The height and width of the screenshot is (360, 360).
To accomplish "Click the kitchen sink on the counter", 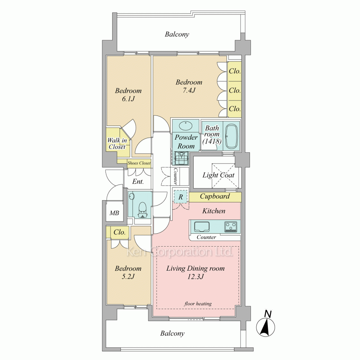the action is pos(202,227).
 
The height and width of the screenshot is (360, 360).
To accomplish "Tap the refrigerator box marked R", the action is pos(181,197).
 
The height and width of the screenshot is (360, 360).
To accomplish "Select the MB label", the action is pos(114,213).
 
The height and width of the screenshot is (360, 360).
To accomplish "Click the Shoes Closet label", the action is pos(139,163).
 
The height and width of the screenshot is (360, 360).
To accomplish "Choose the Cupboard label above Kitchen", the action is pos(215,196).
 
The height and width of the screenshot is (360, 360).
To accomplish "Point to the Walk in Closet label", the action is pos(117,144).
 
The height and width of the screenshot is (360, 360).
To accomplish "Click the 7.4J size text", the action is pos(189,90).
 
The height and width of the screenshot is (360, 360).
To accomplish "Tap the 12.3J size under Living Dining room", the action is pos(195,276).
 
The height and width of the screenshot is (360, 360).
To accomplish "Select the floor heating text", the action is pos(198,303).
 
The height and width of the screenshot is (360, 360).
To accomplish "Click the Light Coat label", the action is pos(219,175).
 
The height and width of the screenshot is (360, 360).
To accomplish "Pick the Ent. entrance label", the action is pos(138,181).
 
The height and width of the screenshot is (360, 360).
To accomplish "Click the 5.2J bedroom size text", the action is pos(128,276).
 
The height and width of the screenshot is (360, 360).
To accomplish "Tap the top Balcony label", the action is pos(177,35).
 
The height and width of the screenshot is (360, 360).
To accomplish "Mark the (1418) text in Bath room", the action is pos(212,141).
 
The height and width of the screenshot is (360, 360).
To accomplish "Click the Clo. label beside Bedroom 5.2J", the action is pos(120,232).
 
